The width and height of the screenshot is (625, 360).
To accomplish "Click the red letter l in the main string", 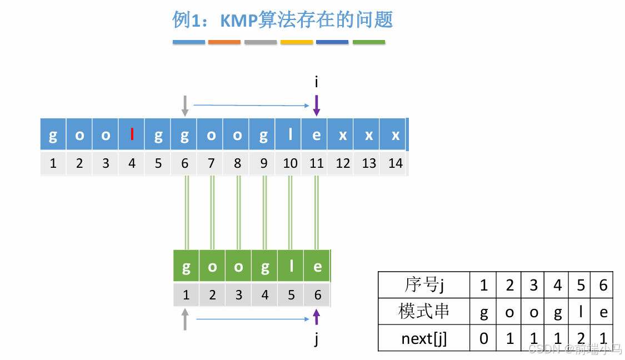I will click(132, 135).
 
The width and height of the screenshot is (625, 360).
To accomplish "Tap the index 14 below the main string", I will click(395, 163).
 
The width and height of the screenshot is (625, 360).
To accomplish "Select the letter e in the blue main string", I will click(316, 135).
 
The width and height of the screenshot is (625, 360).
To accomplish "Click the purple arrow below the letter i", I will click(316, 106).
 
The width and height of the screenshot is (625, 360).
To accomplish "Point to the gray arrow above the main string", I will click(185, 106).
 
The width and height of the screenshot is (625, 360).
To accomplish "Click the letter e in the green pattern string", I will click(317, 267).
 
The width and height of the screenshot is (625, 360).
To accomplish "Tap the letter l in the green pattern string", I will click(291, 267).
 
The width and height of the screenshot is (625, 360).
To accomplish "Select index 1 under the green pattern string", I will click(186, 294).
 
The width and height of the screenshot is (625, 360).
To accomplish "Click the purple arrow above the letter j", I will click(317, 318).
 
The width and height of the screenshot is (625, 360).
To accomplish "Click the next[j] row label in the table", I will click(424, 338).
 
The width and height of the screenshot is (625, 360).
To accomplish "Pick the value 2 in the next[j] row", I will click(581, 338).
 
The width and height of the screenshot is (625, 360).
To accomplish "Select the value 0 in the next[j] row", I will click(483, 338).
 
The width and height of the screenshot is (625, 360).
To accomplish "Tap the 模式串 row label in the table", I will click(424, 312).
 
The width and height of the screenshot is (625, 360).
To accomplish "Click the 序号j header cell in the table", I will click(424, 286).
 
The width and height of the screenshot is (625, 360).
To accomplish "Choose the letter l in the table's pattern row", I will click(581, 312).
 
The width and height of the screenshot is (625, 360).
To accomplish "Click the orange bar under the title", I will click(224, 42).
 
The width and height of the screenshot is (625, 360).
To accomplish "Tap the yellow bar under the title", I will click(297, 42).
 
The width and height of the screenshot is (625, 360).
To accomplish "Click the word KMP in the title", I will click(238, 21).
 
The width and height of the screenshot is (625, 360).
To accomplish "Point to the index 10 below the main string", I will click(290, 163).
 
